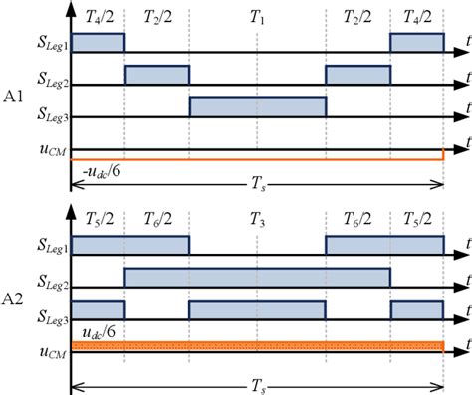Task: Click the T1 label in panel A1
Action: tap(257, 17)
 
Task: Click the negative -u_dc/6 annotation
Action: tap(98, 167)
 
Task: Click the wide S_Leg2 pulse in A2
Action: tap(257, 278)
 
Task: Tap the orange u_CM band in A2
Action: tap(257, 345)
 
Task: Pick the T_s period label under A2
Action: tap(257, 384)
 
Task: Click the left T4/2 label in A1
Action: tap(98, 17)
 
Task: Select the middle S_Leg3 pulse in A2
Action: tap(257, 309)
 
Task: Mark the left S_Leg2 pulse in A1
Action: tap(156, 75)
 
